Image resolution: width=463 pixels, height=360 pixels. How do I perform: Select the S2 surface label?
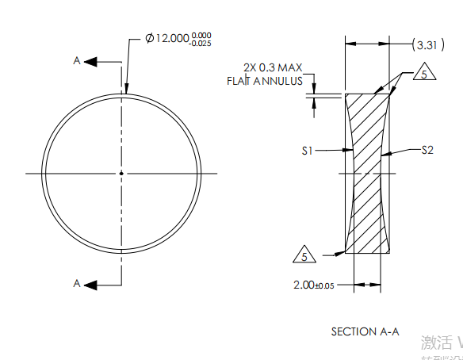(426, 150)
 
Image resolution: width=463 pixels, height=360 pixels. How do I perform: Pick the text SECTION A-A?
(365, 331)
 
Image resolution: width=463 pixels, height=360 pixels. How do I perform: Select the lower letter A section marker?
(77, 283)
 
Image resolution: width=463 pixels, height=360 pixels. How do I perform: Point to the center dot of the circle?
(121, 173)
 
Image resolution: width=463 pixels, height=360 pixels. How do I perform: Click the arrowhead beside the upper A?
(90, 61)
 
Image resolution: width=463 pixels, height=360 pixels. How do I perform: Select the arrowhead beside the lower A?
(90, 283)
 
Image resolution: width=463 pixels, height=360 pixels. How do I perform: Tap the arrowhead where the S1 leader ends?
(350, 150)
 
